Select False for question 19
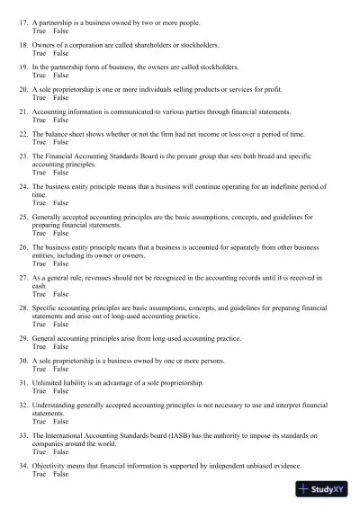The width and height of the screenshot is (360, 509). point(60,76)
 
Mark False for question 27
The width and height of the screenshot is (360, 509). point(60,294)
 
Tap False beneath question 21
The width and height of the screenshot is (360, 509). point(60,120)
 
